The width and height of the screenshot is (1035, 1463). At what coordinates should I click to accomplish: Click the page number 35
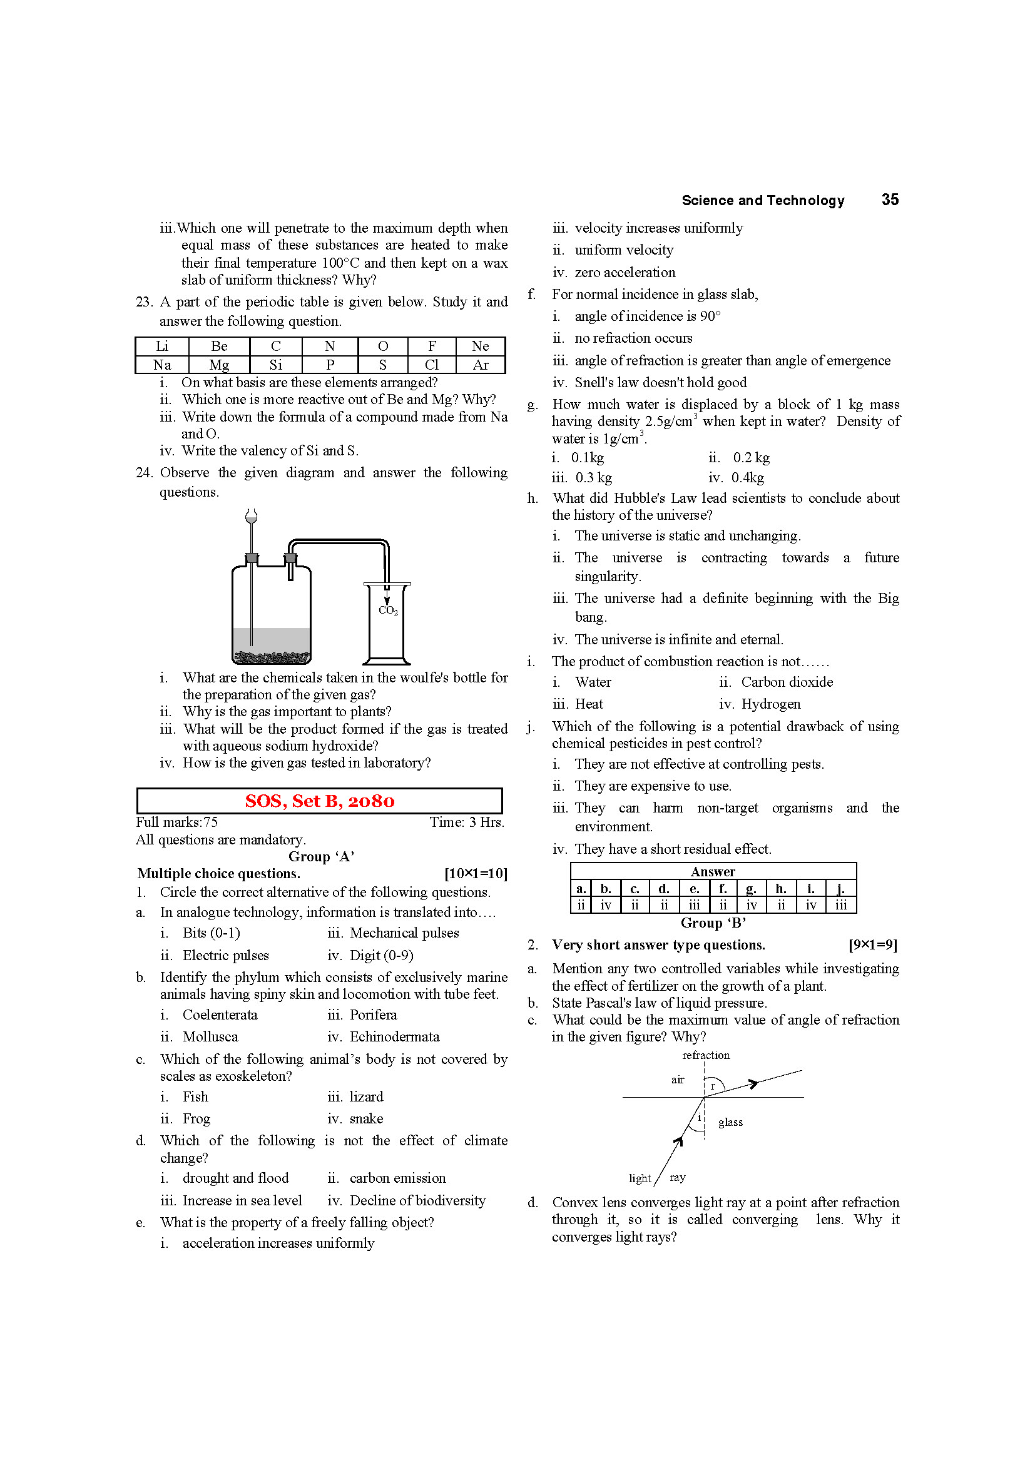890,200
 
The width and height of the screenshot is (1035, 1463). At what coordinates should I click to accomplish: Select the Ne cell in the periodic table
480,346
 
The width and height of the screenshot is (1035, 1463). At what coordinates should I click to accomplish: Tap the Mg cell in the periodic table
218,365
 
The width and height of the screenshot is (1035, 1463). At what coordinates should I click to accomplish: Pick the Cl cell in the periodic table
432,365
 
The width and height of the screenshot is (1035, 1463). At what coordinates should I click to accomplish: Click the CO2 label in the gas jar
388,610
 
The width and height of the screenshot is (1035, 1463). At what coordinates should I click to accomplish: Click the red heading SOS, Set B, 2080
319,801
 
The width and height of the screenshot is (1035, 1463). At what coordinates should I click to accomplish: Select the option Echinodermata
394,1036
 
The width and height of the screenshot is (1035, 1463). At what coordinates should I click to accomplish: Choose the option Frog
196,1118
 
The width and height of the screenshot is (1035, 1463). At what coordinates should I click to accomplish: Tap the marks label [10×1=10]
476,874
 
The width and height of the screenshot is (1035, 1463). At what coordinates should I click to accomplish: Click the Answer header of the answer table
713,871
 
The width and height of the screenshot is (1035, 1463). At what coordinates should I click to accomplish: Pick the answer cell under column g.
752,905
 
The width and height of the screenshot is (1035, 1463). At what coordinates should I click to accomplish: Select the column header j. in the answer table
840,888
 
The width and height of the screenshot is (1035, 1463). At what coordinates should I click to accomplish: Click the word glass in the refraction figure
730,1122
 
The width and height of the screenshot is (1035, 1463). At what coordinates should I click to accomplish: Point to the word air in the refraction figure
678,1080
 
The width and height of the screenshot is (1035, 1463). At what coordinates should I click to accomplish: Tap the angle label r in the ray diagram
713,1086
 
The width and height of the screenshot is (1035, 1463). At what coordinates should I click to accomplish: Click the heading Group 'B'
713,923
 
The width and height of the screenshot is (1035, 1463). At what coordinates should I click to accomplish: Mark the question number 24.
144,473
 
